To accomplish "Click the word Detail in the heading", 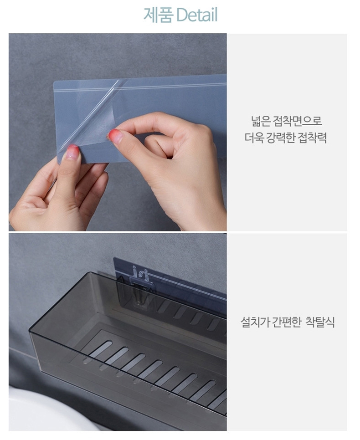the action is tap(197, 15).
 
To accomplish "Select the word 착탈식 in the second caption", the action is tap(320, 322).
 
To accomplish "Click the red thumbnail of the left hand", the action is tap(72, 152).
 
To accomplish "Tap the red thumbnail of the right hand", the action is tap(115, 136).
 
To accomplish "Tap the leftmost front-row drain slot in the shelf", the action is tap(101, 349).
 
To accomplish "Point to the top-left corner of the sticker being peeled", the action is tap(54, 82).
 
